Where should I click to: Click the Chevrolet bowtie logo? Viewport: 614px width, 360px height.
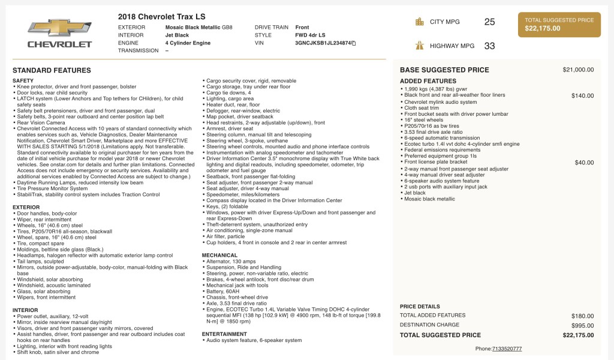point(60,28)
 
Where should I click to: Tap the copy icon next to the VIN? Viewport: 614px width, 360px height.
point(354,43)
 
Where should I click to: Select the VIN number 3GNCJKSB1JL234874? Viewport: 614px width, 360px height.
point(323,43)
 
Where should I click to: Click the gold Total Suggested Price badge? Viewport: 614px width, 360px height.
point(559,25)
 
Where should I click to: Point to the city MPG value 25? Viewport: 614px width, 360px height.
point(489,22)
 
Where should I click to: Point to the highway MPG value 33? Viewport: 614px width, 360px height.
point(489,46)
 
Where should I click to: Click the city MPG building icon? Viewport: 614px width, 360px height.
point(420,22)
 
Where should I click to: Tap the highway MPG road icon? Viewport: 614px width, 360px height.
point(420,46)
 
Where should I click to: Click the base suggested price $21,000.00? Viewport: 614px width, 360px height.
point(578,70)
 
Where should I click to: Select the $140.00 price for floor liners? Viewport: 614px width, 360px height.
point(582,95)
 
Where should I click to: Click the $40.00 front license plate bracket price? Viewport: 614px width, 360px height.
point(584,163)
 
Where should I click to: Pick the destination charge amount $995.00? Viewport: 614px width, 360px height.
point(582,325)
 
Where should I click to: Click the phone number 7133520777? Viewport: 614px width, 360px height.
point(507,349)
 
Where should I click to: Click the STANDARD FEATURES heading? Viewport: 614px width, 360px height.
point(52,71)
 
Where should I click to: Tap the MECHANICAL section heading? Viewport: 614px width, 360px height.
point(219,255)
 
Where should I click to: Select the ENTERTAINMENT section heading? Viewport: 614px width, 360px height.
point(224,334)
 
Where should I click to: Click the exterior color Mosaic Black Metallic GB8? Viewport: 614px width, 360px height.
point(198,28)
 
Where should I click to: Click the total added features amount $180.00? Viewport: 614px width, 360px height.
point(582,316)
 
